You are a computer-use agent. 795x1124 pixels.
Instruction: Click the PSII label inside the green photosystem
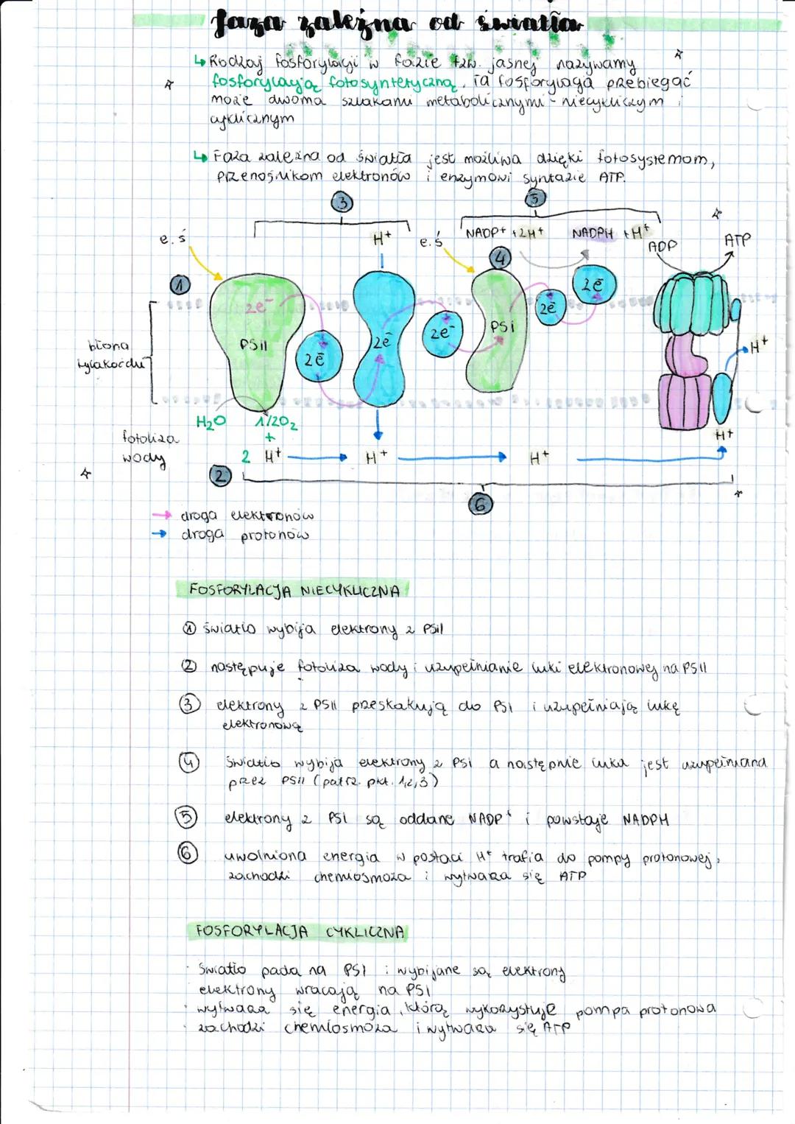pos(253,345)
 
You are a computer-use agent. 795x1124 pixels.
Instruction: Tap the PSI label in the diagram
pos(502,326)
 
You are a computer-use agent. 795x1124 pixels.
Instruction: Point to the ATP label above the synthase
pos(737,240)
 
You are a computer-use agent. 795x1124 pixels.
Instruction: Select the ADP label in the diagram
pos(662,247)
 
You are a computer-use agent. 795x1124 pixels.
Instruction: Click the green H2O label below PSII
pos(211,422)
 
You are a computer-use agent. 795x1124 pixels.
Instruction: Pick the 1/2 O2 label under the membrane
pos(276,423)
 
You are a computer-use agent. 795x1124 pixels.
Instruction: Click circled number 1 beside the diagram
pos(180,285)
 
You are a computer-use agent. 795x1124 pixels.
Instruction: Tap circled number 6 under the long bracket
pos(481,504)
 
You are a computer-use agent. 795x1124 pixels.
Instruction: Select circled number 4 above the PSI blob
pos(501,258)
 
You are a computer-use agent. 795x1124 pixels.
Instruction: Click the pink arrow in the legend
pos(161,515)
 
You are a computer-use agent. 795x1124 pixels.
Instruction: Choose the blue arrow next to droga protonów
pos(160,533)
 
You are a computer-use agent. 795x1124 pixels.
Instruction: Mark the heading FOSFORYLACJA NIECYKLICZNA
pos(294,590)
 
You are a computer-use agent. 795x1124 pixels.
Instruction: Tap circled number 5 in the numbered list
pos(186,817)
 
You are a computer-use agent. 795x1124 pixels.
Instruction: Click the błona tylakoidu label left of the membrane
pos(110,354)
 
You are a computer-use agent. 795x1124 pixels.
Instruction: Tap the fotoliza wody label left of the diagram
pos(149,447)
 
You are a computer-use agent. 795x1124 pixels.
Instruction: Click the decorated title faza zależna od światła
pos(397,25)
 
